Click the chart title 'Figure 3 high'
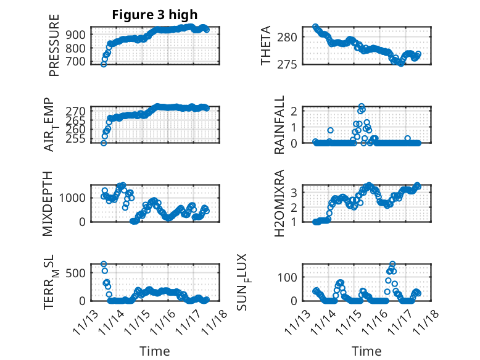155,15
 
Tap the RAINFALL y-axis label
279,125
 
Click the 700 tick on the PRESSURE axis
78,61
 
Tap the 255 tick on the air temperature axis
78,140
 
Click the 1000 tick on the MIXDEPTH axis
75,198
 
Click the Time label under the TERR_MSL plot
155,351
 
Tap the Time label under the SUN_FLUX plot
366,351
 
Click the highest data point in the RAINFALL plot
362,107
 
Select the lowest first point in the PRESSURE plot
104,64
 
